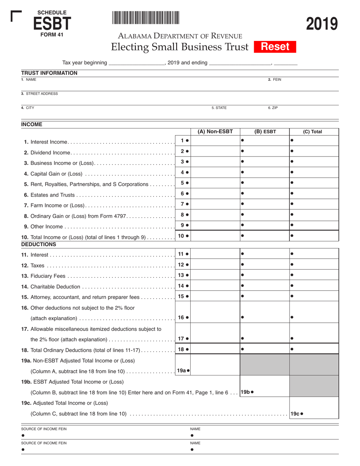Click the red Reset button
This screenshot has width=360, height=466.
tap(275, 47)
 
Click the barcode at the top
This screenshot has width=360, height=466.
tap(146, 18)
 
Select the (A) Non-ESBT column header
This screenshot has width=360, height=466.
tap(215, 132)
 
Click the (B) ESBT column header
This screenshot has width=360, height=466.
tap(265, 132)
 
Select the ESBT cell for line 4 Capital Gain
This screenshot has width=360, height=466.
tap(265, 173)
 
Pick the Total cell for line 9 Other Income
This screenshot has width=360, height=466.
tap(314, 225)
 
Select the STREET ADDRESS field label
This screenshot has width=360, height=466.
tap(39, 94)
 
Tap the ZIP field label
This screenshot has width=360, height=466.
tap(273, 108)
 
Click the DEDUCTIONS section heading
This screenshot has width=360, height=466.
tap(39, 244)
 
